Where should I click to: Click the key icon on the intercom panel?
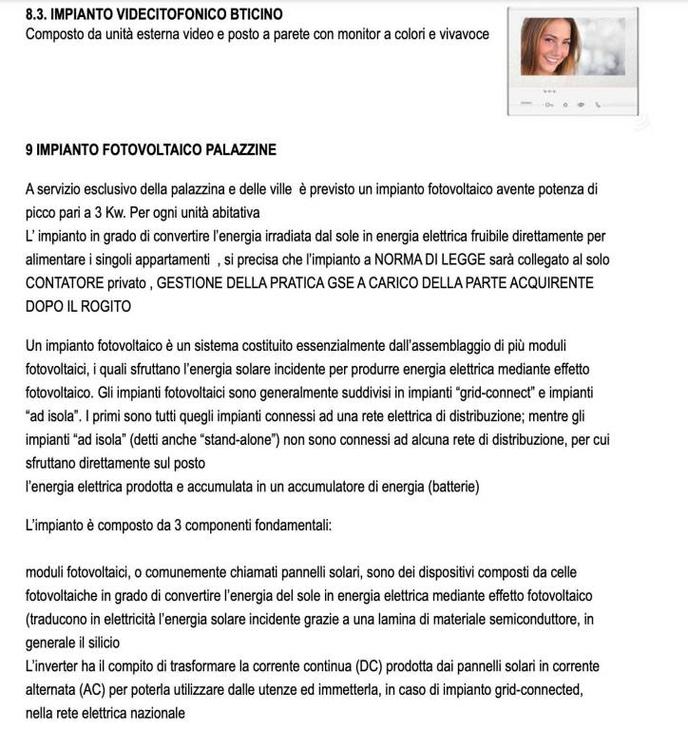tap(548, 106)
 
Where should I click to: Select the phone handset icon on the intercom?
tap(598, 106)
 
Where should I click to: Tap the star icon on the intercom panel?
tap(564, 106)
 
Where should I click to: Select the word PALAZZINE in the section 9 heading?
tap(237, 150)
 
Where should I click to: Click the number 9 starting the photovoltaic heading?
tap(29, 150)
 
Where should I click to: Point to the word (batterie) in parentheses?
tap(445, 487)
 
